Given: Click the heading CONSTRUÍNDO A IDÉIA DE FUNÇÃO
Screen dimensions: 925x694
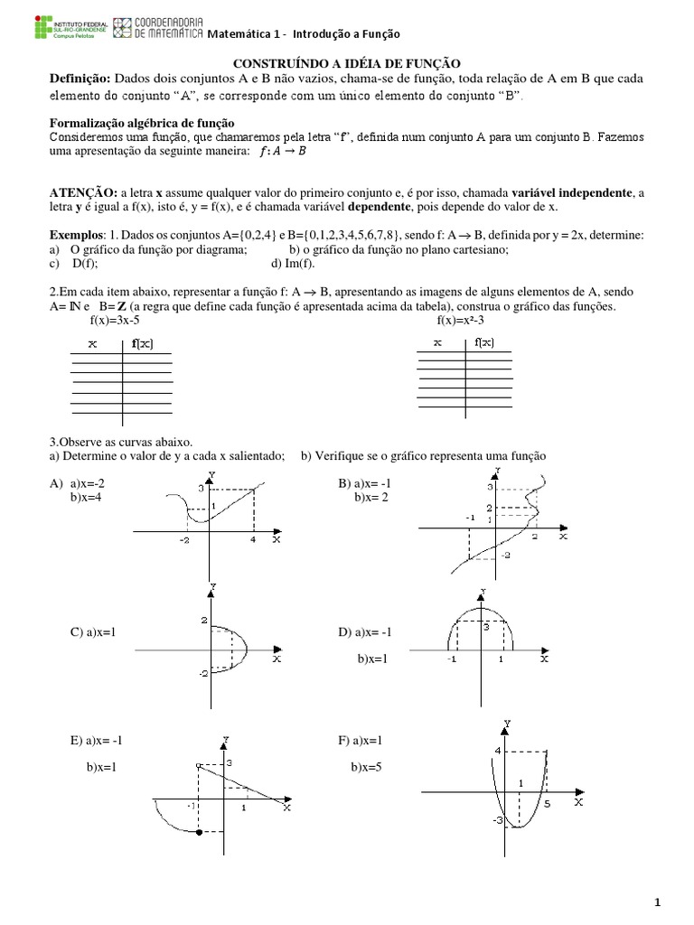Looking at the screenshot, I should click(x=348, y=62).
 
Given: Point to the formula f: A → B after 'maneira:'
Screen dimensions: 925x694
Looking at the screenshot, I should click(x=282, y=151).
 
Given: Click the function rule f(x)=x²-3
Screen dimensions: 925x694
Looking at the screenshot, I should click(x=464, y=320).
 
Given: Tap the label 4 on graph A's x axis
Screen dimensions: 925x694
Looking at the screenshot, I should click(x=253, y=539).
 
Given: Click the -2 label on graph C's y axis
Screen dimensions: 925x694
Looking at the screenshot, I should click(x=203, y=673).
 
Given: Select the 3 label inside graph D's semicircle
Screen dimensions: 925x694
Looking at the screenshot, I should click(x=485, y=625).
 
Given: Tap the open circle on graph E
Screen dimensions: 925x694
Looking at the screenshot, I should click(x=198, y=766).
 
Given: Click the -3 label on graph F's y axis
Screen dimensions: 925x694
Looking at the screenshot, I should click(x=496, y=820).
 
